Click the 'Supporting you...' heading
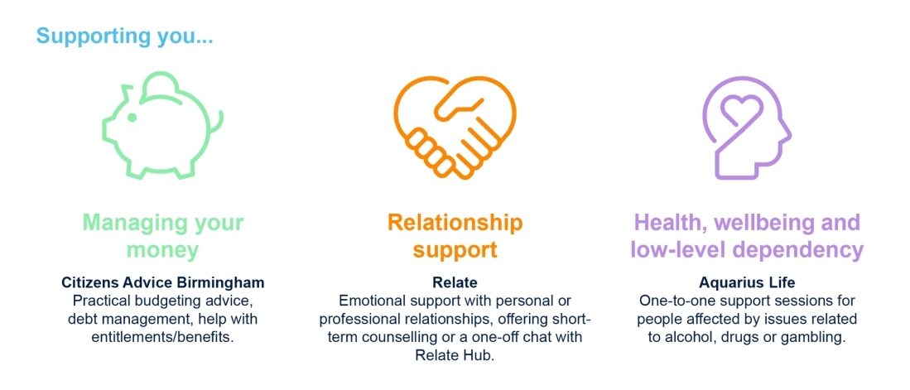[125, 36]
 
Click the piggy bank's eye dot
[132, 118]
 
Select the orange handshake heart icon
[455, 127]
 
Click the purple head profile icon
[746, 127]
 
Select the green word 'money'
[162, 250]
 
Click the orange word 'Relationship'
[455, 222]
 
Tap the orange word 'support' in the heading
[455, 250]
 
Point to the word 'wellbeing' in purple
[766, 222]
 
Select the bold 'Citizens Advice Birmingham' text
[163, 283]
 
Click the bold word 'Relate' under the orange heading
[455, 283]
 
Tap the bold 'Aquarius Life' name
[747, 283]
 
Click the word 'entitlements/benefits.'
[163, 337]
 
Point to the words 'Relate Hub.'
[455, 355]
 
